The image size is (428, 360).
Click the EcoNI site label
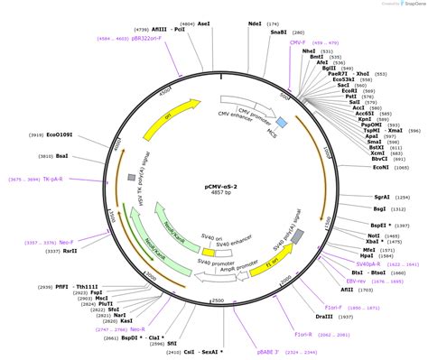[x=380, y=166]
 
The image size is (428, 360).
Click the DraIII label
[x=324, y=316]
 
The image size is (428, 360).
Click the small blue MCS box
[x=281, y=121]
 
